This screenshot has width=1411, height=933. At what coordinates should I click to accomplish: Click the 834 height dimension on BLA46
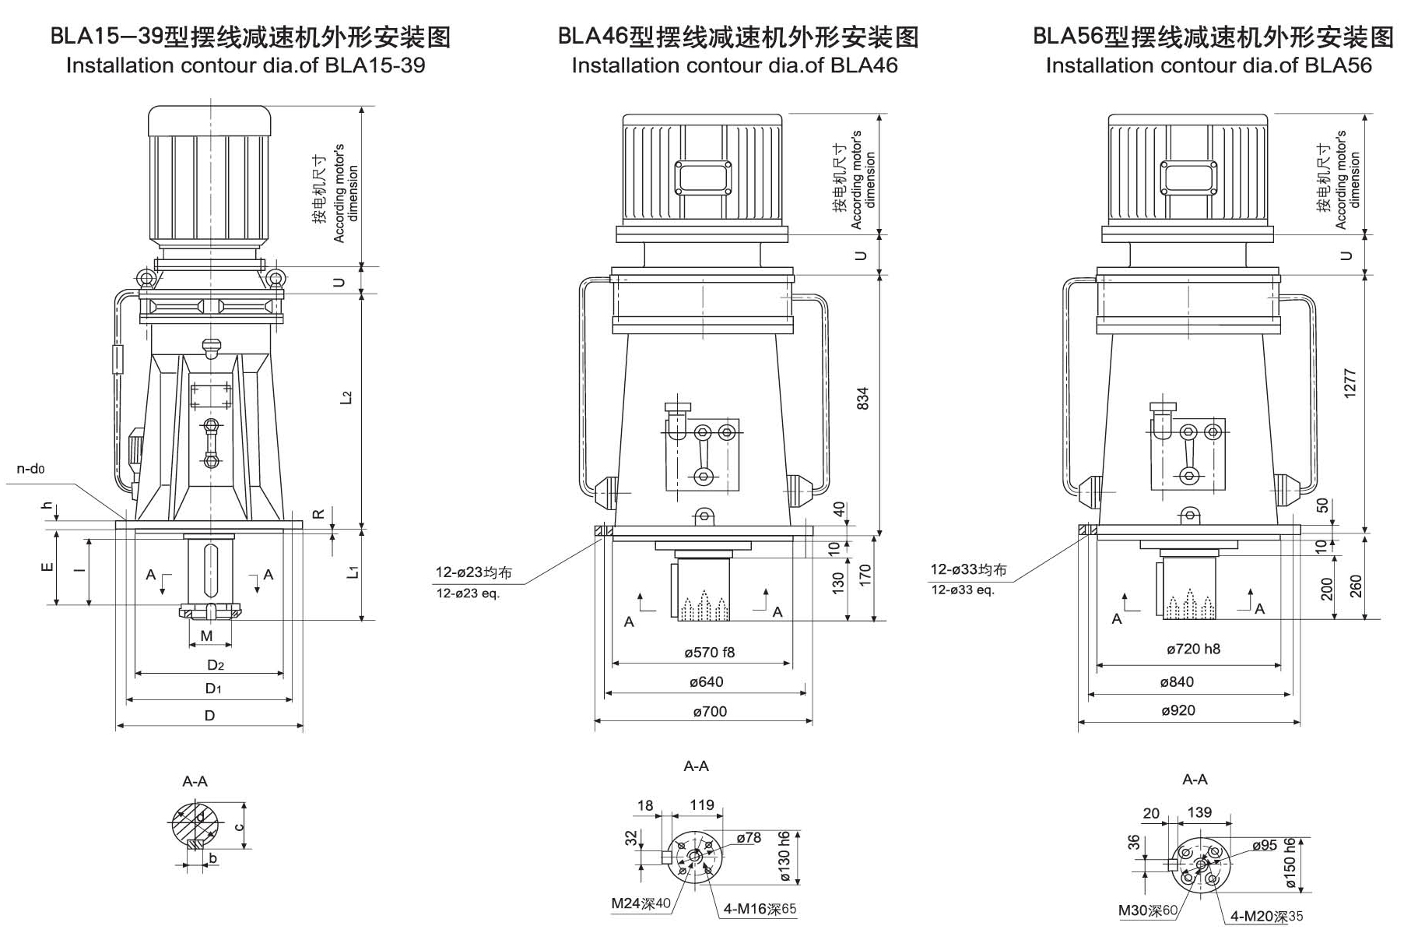tap(862, 398)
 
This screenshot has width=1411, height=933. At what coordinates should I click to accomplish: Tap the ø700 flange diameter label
tap(709, 711)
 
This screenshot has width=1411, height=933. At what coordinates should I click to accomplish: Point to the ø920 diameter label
tap(1178, 710)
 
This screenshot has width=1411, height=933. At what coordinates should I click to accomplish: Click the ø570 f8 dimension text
tap(709, 653)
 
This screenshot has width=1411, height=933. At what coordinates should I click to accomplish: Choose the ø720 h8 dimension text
tap(1193, 649)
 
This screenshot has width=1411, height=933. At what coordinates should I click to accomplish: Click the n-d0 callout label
tap(31, 469)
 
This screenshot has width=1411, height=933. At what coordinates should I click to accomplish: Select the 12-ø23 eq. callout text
tap(468, 593)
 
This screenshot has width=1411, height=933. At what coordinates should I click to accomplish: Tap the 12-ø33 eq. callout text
tap(963, 590)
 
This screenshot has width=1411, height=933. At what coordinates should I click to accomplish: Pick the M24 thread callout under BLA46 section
tap(640, 903)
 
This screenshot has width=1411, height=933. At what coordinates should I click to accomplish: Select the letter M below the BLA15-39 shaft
tap(206, 636)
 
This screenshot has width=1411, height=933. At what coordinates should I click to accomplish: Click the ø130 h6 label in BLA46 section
tap(784, 856)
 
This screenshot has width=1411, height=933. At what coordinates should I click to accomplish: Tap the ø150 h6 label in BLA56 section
tap(1290, 864)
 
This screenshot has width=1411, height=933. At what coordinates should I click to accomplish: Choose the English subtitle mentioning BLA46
tap(734, 65)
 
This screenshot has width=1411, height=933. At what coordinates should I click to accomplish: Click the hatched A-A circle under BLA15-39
tap(195, 824)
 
